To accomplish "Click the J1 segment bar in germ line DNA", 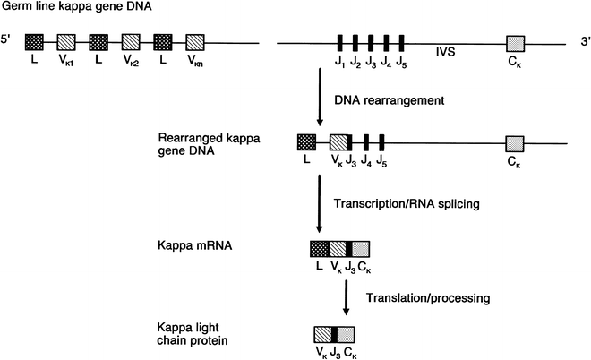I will [341, 42].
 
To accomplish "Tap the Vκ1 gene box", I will [66, 42].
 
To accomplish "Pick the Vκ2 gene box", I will [132, 42].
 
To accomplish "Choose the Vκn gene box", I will [196, 42].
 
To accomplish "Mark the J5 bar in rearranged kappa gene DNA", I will [382, 142].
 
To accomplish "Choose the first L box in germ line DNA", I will [35, 42].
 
